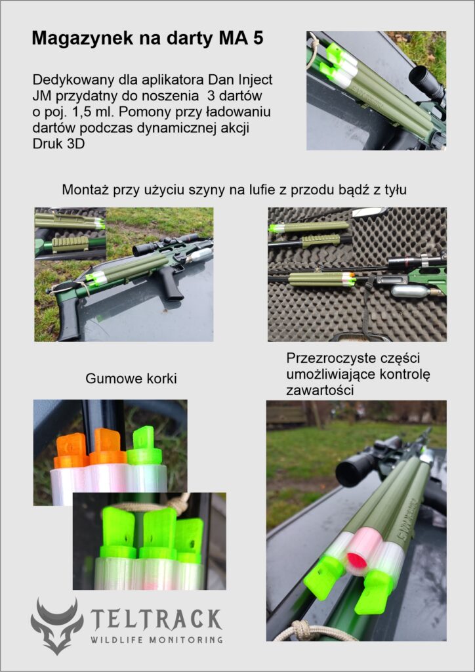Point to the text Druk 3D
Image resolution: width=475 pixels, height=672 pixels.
(58, 144)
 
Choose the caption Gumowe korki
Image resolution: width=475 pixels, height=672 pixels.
(131, 379)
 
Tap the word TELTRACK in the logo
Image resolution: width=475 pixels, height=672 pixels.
(156, 619)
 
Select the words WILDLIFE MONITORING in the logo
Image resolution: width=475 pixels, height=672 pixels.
(156, 640)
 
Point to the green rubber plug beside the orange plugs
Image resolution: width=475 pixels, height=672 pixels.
(145, 446)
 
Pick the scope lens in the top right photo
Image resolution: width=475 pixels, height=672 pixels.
(419, 77)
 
